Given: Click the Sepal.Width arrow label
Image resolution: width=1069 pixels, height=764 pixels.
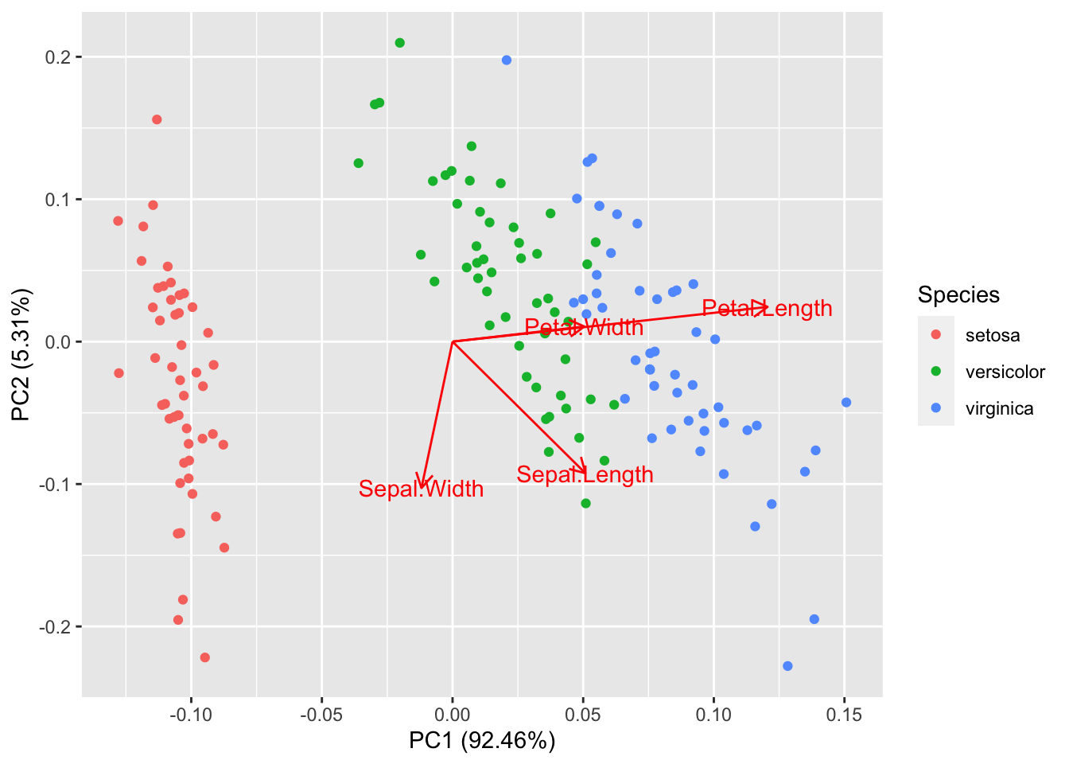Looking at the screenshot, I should click(x=421, y=489).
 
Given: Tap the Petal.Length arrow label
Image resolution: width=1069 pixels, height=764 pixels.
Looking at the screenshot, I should click(x=767, y=309).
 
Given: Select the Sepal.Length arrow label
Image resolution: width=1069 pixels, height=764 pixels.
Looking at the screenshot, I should click(x=585, y=475).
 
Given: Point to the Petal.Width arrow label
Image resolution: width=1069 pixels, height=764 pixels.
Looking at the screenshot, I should click(x=584, y=327).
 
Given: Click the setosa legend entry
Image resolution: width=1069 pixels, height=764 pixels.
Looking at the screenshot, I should click(x=992, y=335).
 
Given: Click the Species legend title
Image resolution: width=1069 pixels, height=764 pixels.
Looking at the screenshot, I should click(x=958, y=294).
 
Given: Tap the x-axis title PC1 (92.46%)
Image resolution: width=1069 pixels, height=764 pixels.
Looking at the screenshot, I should click(x=482, y=741).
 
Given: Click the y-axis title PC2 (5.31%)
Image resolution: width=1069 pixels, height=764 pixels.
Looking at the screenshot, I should click(x=21, y=354).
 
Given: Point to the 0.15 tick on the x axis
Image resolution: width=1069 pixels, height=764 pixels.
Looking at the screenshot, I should click(x=844, y=715).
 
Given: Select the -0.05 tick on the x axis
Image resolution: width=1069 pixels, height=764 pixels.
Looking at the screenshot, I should click(x=321, y=715).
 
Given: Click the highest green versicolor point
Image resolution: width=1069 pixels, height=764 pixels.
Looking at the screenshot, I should click(x=400, y=43).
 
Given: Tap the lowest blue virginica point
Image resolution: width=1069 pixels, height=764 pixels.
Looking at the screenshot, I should click(x=787, y=666).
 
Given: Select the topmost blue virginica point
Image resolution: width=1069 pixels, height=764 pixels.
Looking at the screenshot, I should click(x=507, y=60).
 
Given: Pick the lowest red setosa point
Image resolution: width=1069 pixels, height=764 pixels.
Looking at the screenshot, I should click(x=205, y=657).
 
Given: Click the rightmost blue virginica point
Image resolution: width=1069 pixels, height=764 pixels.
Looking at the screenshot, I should click(x=846, y=403).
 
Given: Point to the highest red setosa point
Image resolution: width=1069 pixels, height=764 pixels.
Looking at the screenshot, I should click(x=157, y=119).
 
